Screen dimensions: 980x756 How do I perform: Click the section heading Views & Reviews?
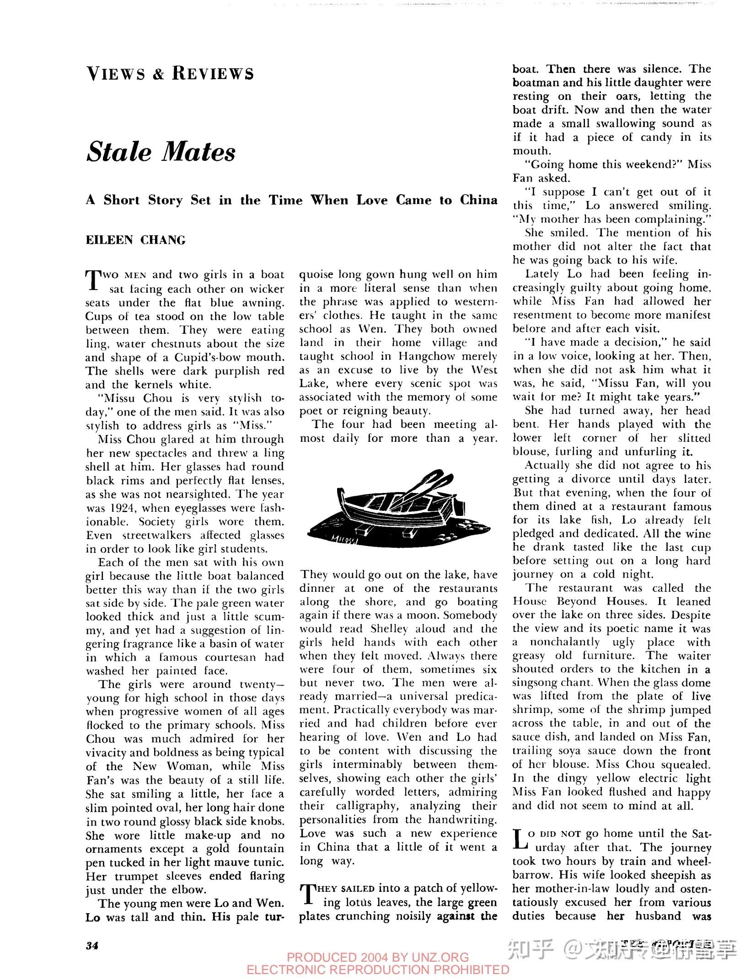(x=170, y=74)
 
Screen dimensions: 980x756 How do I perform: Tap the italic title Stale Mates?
(x=161, y=151)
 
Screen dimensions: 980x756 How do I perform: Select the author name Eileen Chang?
(x=136, y=240)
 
